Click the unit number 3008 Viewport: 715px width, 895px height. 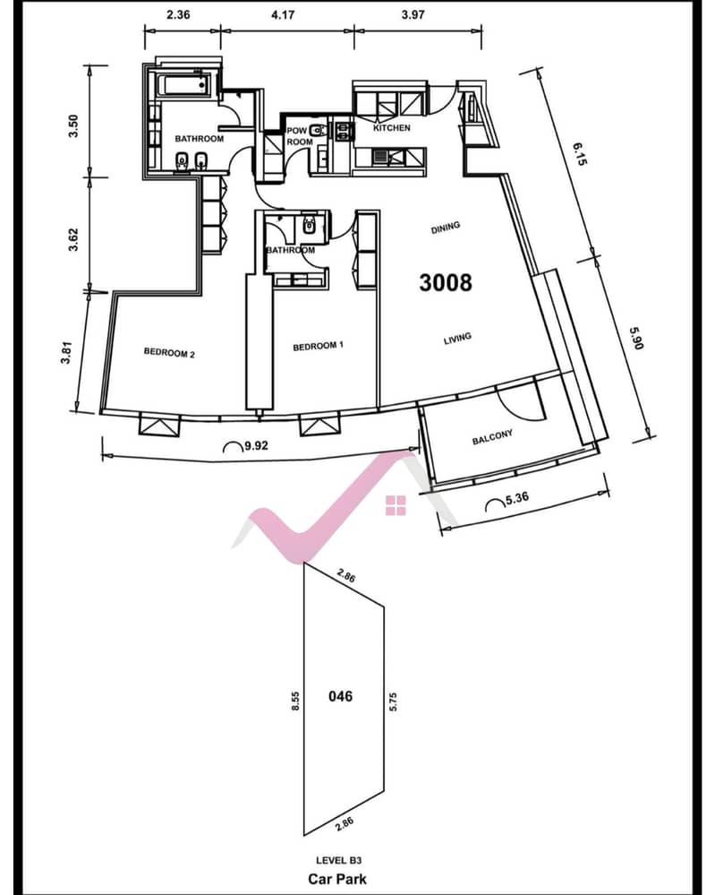446,282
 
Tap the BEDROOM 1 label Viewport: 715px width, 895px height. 319,346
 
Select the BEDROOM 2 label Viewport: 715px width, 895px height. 169,353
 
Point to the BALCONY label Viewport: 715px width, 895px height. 493,437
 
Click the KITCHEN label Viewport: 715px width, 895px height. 392,128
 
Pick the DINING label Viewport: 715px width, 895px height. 446,228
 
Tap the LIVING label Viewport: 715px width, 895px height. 458,339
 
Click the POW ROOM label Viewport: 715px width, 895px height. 300,136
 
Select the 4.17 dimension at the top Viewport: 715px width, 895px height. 283,15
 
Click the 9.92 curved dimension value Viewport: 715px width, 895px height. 256,446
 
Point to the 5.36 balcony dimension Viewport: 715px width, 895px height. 516,498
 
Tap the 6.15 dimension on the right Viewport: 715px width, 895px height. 579,154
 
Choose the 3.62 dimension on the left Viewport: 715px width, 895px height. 73,240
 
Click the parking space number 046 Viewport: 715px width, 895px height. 340,696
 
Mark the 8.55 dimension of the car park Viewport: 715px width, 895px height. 295,701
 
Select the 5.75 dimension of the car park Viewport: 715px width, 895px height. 393,701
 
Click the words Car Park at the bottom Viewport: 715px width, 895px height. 337,879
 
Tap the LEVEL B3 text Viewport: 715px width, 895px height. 338,860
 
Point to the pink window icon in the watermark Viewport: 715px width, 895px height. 396,505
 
